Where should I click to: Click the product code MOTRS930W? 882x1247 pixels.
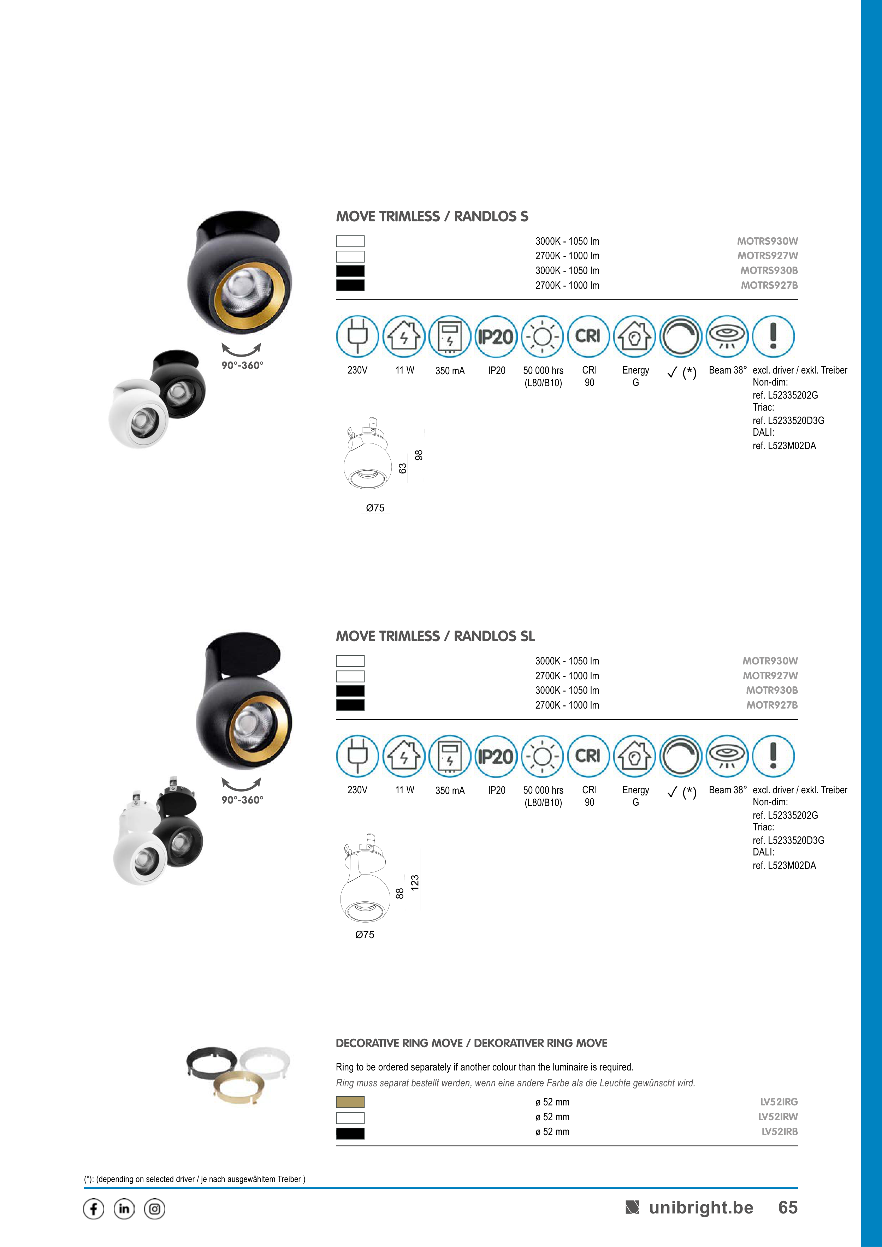point(767,241)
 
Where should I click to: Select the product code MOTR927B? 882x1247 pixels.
point(772,705)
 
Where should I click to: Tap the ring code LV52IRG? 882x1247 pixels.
point(779,1102)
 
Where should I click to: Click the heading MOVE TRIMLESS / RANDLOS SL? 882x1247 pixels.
point(435,636)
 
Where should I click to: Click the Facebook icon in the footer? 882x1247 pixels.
point(94,1209)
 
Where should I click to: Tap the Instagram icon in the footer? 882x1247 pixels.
point(155,1209)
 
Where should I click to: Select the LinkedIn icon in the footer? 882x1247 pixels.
point(124,1209)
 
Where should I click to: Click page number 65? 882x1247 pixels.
point(788,1207)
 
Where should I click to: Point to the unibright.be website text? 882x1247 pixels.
point(701,1207)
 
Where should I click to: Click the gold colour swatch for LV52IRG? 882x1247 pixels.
point(350,1102)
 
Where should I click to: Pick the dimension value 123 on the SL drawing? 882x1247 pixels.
point(415,882)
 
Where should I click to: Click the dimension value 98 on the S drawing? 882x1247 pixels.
point(419,455)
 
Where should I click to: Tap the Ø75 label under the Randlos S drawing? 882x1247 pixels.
point(375,508)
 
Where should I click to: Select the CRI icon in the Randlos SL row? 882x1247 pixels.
point(588,756)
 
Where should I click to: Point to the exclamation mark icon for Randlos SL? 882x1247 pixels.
point(773,756)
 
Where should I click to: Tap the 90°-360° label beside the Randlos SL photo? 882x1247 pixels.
point(242,800)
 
